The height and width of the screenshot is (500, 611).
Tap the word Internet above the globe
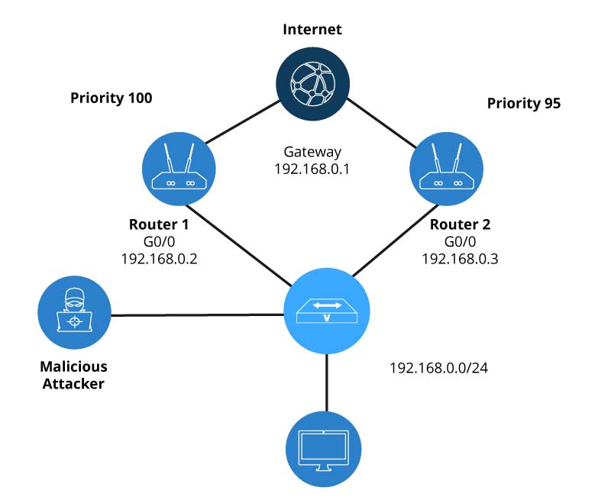tap(312, 31)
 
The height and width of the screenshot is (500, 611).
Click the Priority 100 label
tap(111, 98)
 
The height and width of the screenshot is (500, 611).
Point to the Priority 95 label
tap(524, 104)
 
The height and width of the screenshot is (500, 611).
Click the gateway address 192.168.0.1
tap(312, 169)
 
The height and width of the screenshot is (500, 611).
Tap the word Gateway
tap(312, 152)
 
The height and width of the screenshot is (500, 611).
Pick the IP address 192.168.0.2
tap(158, 259)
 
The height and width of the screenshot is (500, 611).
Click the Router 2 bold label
tap(460, 225)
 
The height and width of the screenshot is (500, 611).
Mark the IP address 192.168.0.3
tap(460, 259)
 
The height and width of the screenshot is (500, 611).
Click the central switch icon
tap(327, 311)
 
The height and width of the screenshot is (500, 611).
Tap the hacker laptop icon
tap(74, 312)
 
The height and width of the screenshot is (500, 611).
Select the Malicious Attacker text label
tap(73, 375)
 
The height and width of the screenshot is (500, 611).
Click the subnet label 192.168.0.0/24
tap(438, 368)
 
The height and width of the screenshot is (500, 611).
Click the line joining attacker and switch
tap(197, 315)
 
